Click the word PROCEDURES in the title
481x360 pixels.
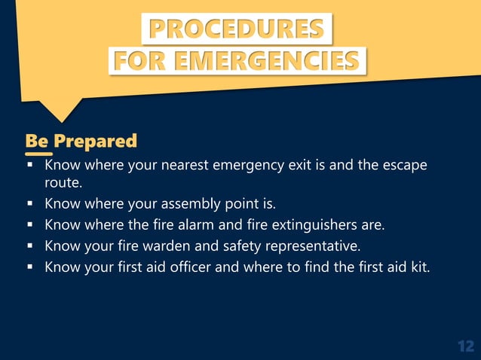[237, 29]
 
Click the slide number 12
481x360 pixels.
[465, 346]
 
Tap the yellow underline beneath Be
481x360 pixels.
[38, 154]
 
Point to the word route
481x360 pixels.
[63, 182]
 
